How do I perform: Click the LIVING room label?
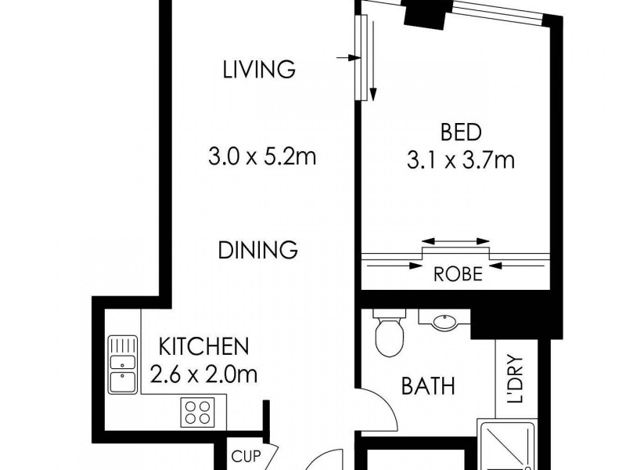pyautogui.click(x=259, y=69)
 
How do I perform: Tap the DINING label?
pyautogui.click(x=257, y=250)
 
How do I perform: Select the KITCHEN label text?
pyautogui.click(x=203, y=345)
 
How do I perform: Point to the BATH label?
pyautogui.click(x=428, y=385)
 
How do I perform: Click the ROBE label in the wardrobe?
pyautogui.click(x=457, y=275)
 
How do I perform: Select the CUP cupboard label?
pyautogui.click(x=243, y=456)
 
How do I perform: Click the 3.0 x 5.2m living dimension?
pyautogui.click(x=261, y=157)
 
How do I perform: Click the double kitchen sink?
pyautogui.click(x=122, y=364)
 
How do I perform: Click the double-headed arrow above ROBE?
pyautogui.click(x=456, y=242)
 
